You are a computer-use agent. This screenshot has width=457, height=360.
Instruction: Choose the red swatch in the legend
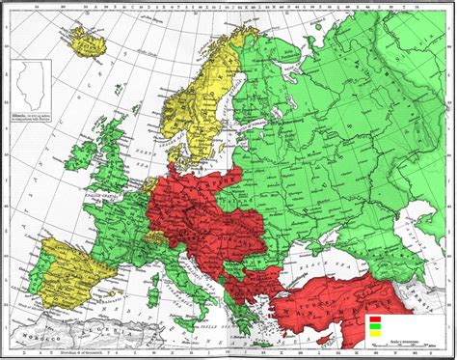[x=372, y=316]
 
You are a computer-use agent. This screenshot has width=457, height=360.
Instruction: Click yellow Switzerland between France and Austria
[x=155, y=235]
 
